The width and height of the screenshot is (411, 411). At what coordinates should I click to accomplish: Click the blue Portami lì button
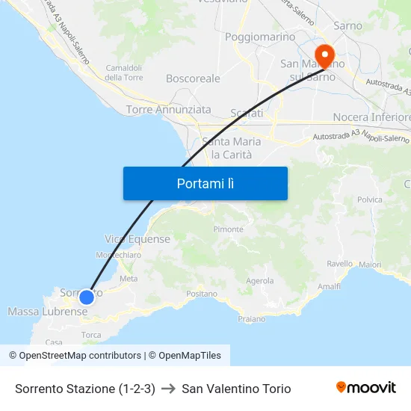(x=205, y=183)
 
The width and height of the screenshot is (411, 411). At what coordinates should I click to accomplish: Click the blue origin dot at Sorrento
(x=87, y=297)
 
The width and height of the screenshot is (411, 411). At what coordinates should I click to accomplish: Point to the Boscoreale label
(x=193, y=78)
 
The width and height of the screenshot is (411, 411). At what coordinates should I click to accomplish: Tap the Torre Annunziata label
(x=169, y=109)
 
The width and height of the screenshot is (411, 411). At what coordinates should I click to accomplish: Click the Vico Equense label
(x=137, y=239)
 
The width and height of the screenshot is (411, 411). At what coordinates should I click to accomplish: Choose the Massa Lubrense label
(x=48, y=311)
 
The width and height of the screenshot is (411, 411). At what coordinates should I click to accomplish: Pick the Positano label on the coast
(x=201, y=294)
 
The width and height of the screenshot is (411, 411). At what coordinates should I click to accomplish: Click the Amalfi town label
(x=329, y=287)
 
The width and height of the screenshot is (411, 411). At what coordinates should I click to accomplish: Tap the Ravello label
(x=339, y=264)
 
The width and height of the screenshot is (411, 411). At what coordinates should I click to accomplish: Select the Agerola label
(x=260, y=281)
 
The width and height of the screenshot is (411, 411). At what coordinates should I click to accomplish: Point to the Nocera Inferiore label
(x=371, y=117)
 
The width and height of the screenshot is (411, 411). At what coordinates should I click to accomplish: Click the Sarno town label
(x=347, y=25)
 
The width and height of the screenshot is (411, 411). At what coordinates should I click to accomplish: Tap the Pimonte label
(x=229, y=229)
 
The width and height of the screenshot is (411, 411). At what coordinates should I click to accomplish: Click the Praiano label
(x=251, y=319)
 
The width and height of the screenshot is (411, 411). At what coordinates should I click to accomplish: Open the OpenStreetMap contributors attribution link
(x=80, y=356)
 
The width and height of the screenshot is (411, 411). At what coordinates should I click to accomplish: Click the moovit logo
(x=365, y=387)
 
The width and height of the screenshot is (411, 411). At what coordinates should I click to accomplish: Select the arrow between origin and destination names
(x=168, y=389)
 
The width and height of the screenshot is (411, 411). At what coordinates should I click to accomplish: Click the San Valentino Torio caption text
(x=236, y=389)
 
